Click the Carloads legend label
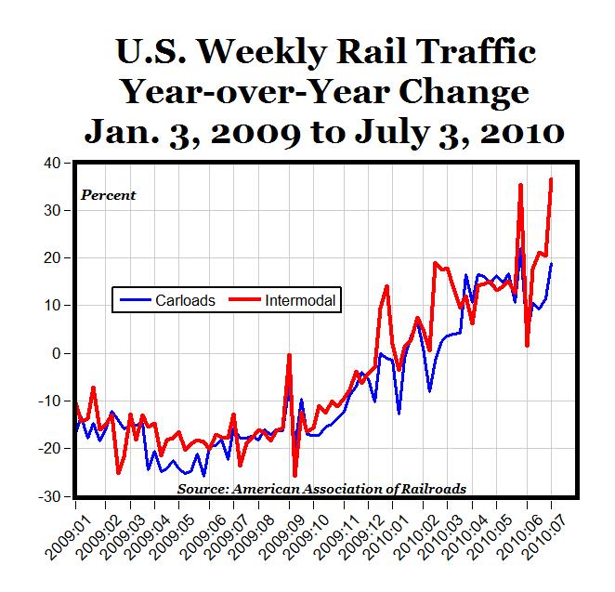tap(187, 300)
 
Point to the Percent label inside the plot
tap(109, 195)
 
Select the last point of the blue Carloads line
tap(552, 264)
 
